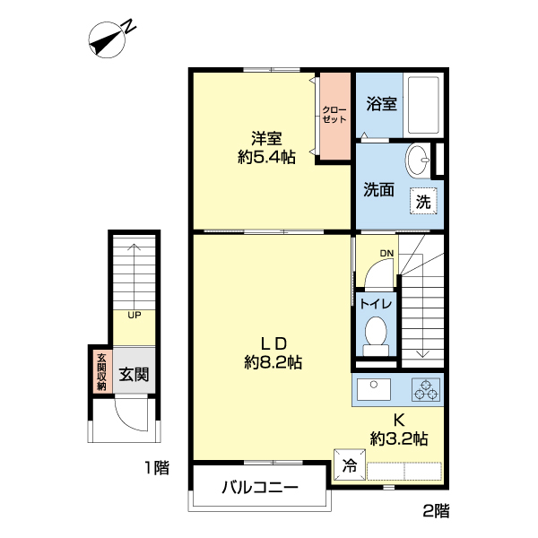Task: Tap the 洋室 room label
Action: click(266, 138)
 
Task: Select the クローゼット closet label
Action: click(334, 115)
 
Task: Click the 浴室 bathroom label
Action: click(381, 104)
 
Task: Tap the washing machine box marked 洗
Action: click(424, 202)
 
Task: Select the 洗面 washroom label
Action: click(378, 190)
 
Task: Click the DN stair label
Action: click(386, 254)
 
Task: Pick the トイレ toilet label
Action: click(374, 304)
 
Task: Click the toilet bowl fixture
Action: click(375, 334)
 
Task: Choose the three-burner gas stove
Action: click(425, 390)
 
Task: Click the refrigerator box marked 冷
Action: click(348, 466)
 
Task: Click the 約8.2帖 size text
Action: click(273, 362)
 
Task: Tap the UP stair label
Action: click(134, 315)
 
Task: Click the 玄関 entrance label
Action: click(134, 373)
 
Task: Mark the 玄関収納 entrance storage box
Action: click(100, 371)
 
